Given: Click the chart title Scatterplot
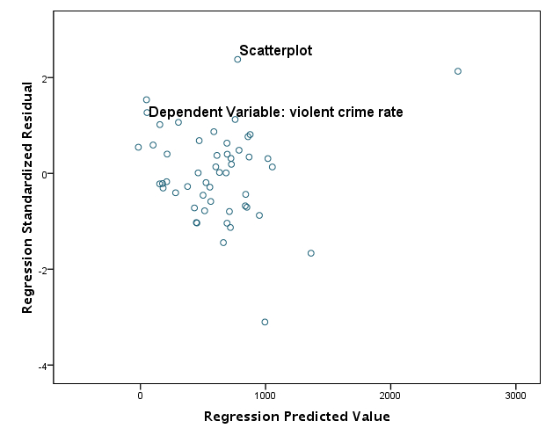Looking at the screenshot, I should click(x=275, y=51).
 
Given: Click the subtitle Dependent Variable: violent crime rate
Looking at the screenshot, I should click(x=275, y=113).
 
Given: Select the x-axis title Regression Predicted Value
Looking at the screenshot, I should click(x=296, y=417).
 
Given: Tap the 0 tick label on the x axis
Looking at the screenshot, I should click(x=140, y=395).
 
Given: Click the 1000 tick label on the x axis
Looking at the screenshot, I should click(x=266, y=395).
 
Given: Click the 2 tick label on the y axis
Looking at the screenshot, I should click(x=44, y=78).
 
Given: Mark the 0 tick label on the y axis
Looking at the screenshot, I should click(x=44, y=174).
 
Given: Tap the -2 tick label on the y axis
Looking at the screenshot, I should click(x=42, y=270).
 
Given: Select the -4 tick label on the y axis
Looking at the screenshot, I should click(x=42, y=366).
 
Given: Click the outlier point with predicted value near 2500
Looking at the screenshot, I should click(x=458, y=71).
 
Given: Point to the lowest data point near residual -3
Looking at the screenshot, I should click(x=265, y=322).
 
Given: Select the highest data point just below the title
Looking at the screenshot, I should click(x=237, y=60).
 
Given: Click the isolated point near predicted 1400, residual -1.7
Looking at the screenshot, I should click(x=311, y=253).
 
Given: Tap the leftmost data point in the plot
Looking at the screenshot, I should click(x=138, y=147).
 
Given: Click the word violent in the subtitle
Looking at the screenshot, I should click(x=289, y=113).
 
